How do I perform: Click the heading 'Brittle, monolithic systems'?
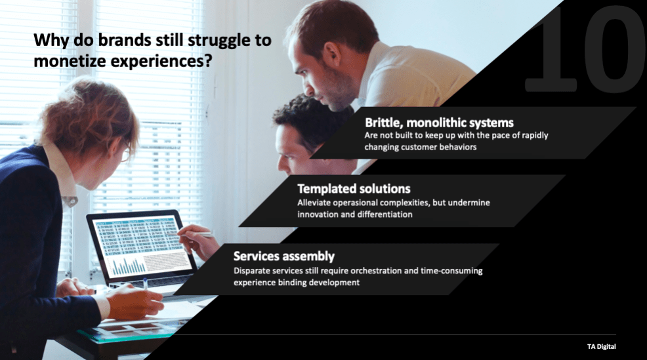pos(439,123)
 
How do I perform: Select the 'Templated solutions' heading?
pos(354,188)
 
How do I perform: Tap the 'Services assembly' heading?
pos(284,256)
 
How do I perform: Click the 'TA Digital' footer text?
pos(601,346)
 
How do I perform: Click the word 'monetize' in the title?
pos(68,61)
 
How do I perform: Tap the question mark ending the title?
pos(209,60)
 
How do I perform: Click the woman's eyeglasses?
pos(126,151)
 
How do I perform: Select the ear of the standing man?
pos(331,54)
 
